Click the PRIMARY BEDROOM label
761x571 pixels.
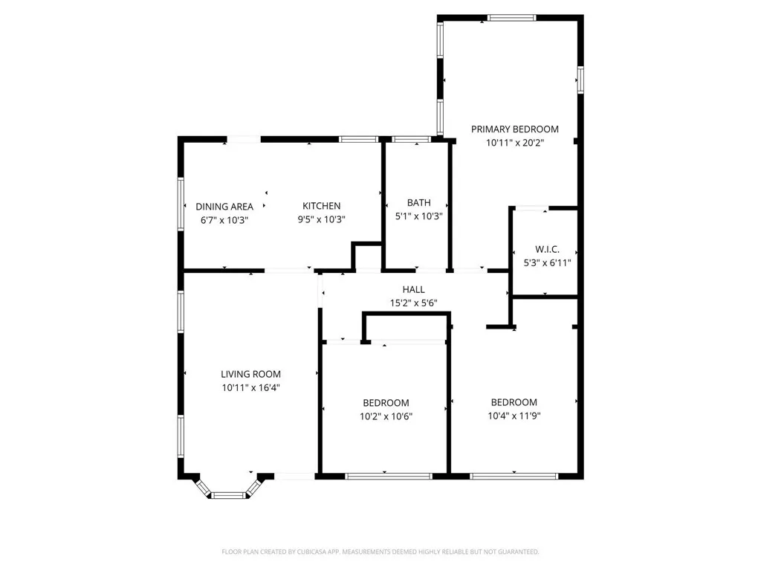[x=514, y=129]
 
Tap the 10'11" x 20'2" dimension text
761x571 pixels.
[x=514, y=143]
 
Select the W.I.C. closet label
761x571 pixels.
[x=547, y=249]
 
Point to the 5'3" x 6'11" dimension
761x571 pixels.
[x=547, y=262]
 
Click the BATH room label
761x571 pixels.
[x=418, y=203]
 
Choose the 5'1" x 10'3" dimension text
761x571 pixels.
[x=418, y=216]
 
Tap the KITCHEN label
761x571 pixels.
[x=321, y=206]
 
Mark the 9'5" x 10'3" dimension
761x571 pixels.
[x=321, y=219]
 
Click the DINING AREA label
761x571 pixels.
[x=224, y=207]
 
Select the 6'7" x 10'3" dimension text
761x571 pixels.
[x=224, y=219]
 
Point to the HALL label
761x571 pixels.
[x=413, y=289]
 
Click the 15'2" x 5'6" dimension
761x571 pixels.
[x=413, y=303]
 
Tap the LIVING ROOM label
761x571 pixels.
[x=250, y=374]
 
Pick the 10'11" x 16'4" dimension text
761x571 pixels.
[x=250, y=387]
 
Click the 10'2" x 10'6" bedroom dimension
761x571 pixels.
[x=386, y=416]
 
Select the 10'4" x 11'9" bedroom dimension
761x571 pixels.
[x=514, y=416]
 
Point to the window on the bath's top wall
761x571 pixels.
[x=411, y=139]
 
